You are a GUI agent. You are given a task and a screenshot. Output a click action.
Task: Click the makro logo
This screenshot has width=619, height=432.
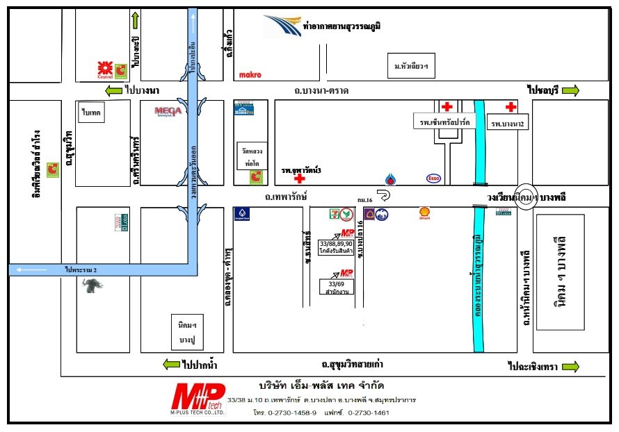click(250, 74)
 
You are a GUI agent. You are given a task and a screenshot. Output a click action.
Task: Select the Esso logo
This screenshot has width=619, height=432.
click(434, 178)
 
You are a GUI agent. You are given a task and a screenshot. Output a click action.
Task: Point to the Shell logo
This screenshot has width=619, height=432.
click(424, 213)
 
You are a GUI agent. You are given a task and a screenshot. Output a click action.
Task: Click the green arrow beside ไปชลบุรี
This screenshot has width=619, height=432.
click(570, 91)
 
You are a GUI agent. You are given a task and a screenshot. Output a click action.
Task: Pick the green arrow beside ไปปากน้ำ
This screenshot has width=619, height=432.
click(170, 364)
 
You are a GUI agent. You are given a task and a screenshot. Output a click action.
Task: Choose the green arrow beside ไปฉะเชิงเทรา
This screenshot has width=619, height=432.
click(570, 366)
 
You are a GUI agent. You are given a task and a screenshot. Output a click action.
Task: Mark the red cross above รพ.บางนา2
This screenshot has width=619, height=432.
click(511, 107)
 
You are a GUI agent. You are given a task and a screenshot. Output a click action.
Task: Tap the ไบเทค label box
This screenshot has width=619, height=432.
click(92, 112)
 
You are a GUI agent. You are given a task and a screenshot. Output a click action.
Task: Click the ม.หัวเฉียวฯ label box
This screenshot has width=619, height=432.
click(410, 66)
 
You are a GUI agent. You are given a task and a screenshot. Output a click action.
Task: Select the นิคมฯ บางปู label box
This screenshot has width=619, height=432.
click(185, 333)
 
